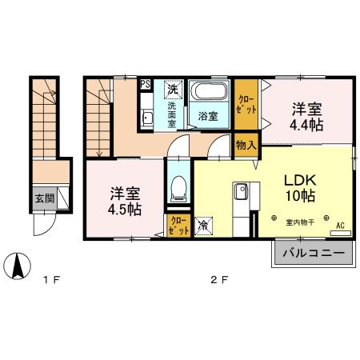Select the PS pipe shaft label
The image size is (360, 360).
point(144,83)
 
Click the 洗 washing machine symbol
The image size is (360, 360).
point(173,88)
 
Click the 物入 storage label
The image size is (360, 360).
point(246,145)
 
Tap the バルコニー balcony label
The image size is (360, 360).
point(313,254)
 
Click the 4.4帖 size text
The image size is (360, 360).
point(306,125)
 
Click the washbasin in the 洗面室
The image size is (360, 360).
point(148,120)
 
